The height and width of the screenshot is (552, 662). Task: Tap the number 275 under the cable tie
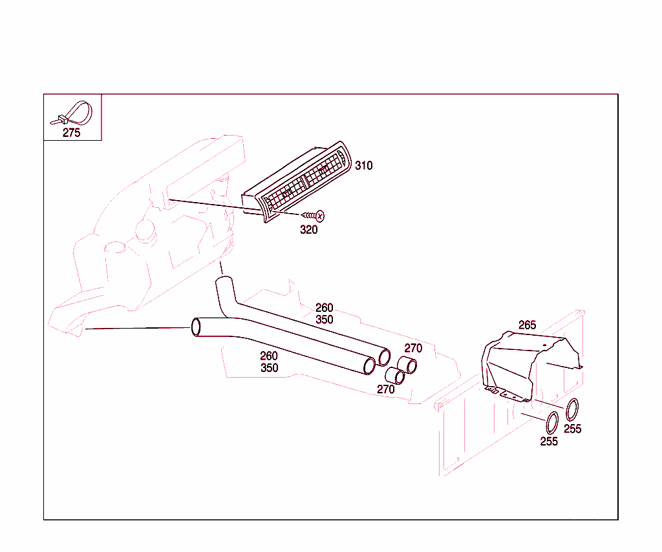coord(71,133)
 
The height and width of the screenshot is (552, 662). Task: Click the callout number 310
coord(363,165)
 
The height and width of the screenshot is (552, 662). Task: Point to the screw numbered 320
coord(313,216)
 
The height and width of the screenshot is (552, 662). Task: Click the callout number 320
coord(308,230)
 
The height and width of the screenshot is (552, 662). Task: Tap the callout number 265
coord(527,325)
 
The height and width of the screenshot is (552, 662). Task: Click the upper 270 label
coord(413,349)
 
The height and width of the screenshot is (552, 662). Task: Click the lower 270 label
coord(385,389)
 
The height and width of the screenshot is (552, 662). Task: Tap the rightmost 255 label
coord(573,429)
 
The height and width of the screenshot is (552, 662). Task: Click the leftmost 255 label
coord(549,442)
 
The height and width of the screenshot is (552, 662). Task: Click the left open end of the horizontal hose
coord(196,327)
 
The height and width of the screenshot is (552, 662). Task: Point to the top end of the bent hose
coord(224,280)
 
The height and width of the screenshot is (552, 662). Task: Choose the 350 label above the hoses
coord(325,320)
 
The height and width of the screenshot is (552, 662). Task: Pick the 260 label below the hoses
coord(268,356)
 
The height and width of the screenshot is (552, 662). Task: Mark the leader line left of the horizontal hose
coord(138,328)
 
